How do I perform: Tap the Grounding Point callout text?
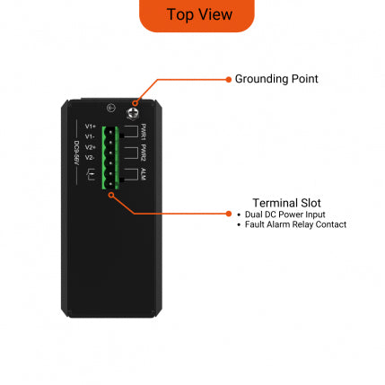coord(276,79)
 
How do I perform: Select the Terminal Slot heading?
coord(287,203)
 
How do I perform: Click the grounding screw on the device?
coord(133,111)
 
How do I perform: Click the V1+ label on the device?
coord(91,127)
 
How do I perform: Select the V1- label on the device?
coord(91,136)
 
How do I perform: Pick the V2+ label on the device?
coord(91,146)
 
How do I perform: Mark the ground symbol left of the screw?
coord(109,109)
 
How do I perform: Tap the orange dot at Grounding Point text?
coord(228,79)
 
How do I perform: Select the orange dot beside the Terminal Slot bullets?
coord(228,214)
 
